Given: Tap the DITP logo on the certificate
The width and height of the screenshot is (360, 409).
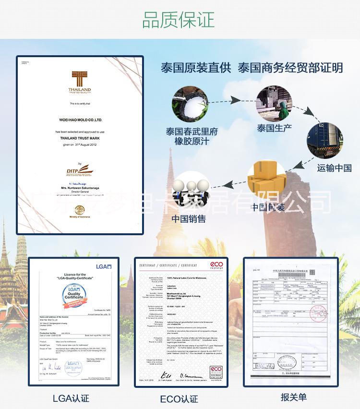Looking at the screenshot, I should pyautogui.click(x=78, y=171).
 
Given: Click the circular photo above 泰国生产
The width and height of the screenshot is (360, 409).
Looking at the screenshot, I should pyautogui.click(x=274, y=104).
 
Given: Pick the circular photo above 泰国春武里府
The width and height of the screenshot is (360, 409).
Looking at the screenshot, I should pyautogui.click(x=190, y=104).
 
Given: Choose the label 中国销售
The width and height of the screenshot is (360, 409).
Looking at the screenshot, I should pyautogui.click(x=189, y=218).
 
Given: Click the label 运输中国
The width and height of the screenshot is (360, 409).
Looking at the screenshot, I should pyautogui.click(x=335, y=168).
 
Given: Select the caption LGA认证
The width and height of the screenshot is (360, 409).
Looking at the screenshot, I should pyautogui.click(x=71, y=398).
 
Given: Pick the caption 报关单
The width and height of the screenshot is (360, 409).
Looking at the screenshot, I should pyautogui.click(x=293, y=397).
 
